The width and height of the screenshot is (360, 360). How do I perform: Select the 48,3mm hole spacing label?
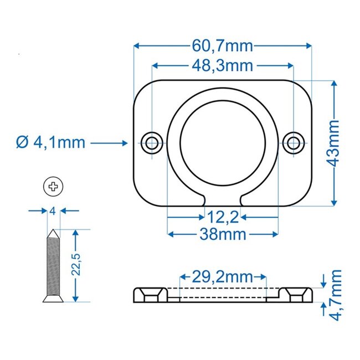(x=223, y=66)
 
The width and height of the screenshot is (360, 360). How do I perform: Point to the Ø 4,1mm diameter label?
(x=50, y=143)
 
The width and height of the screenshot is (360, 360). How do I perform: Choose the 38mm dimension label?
(x=223, y=234)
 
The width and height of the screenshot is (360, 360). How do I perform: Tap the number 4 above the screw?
(x=53, y=211)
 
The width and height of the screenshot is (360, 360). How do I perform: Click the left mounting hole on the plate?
(x=151, y=141)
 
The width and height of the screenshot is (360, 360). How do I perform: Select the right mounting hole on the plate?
(x=294, y=141)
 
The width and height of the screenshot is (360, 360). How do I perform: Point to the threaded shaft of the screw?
(x=53, y=266)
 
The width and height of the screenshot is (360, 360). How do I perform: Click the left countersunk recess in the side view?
(x=151, y=293)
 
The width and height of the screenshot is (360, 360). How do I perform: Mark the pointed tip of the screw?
(x=53, y=230)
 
